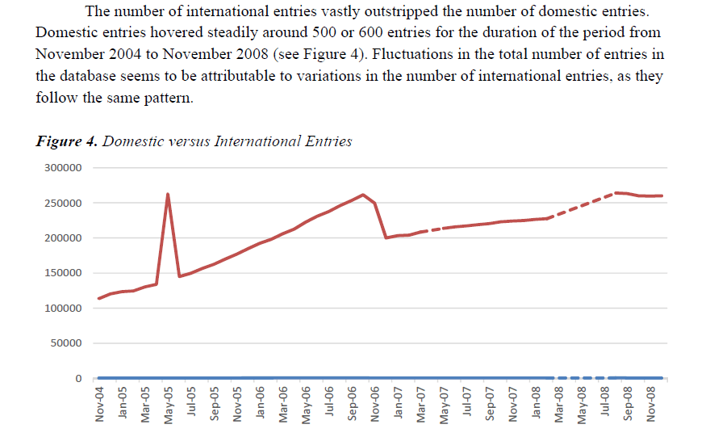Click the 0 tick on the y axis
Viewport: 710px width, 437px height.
tap(78, 379)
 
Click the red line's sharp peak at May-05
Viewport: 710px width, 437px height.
tap(168, 194)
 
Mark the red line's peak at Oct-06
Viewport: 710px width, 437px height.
tap(363, 195)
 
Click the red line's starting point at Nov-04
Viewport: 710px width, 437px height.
tap(98, 298)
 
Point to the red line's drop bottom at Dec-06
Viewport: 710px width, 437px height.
tap(386, 237)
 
